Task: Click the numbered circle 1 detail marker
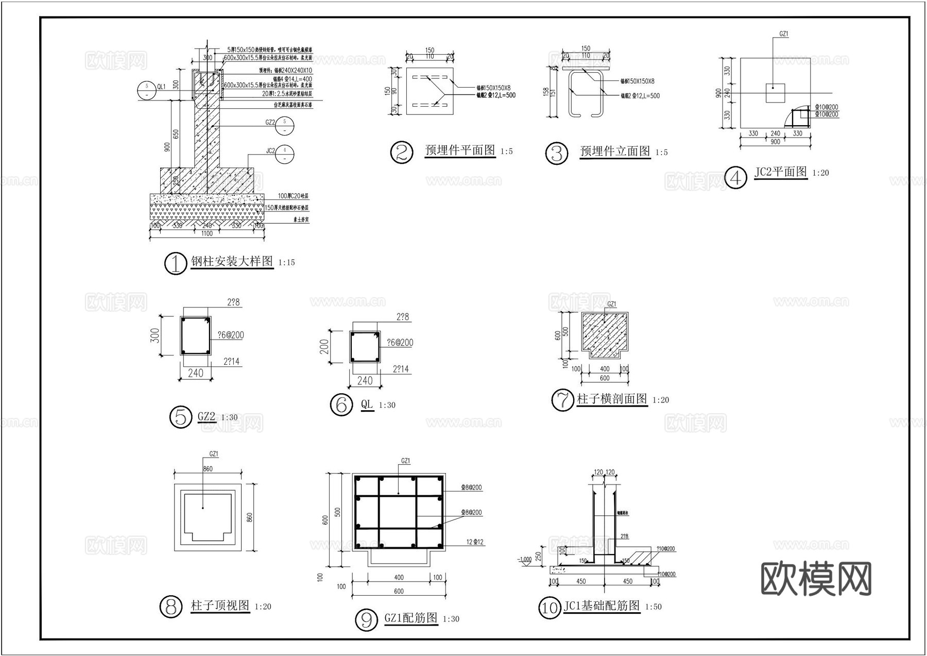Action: tap(175, 264)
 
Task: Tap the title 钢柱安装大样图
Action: tap(232, 261)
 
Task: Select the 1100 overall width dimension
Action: tap(207, 234)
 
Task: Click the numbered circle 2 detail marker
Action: tap(402, 153)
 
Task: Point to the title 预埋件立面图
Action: tap(615, 152)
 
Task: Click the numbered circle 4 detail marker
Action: tap(735, 178)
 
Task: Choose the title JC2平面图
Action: tap(780, 172)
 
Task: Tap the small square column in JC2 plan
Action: tap(775, 93)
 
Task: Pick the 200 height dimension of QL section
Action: tap(324, 347)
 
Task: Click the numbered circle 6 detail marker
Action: tap(341, 405)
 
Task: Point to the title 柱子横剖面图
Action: tap(612, 399)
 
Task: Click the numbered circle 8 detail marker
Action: tap(171, 607)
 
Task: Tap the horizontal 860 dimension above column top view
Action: tap(208, 469)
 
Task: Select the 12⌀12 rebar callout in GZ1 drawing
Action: tap(475, 542)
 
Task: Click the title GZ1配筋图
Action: tap(410, 618)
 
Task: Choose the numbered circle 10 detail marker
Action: tap(550, 608)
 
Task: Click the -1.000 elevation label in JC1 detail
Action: tap(525, 559)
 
